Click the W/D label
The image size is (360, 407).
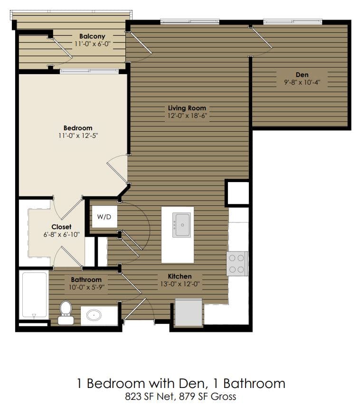tap(104, 217)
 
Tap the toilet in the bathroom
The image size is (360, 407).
tap(66, 312)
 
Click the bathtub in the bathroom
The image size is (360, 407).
tap(34, 295)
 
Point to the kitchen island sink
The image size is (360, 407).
tap(182, 225)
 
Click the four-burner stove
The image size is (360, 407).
tap(237, 263)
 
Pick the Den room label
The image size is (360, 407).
tap(302, 75)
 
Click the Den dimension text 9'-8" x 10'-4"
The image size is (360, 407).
tap(302, 82)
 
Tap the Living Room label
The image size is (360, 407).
tap(187, 108)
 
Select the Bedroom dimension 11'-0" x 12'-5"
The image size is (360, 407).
tap(77, 136)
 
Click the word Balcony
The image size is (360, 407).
tap(92, 36)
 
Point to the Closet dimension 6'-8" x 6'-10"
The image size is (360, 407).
tap(61, 234)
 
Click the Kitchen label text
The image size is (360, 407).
tap(180, 276)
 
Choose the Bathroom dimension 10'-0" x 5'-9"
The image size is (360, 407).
tap(86, 287)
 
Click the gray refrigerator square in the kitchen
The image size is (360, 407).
tap(189, 312)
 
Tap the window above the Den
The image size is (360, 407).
tap(293, 21)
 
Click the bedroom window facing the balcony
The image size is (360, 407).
tap(89, 71)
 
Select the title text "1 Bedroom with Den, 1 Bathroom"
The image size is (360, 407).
tap(181, 383)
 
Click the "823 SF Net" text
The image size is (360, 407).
tap(146, 396)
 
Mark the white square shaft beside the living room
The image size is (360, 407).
tap(237, 193)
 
